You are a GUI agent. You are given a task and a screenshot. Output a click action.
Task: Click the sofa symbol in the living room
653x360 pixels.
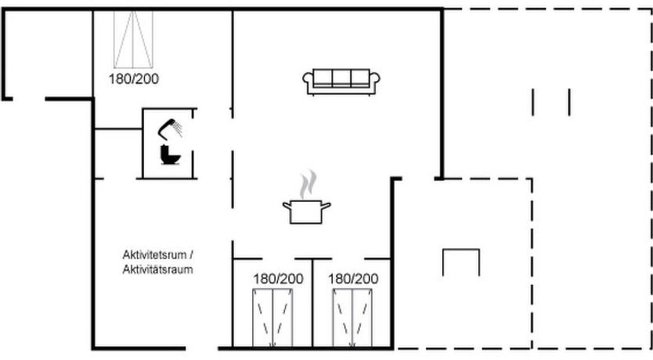(341, 81)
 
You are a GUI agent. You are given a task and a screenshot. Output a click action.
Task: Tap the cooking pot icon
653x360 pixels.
(306, 212)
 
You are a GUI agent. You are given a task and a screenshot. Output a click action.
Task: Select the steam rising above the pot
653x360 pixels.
(308, 184)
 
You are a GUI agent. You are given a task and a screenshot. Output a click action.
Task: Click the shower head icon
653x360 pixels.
(170, 128)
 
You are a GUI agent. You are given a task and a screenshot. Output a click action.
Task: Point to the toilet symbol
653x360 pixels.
(171, 154)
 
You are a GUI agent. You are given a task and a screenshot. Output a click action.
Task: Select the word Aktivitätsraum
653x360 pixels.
(158, 270)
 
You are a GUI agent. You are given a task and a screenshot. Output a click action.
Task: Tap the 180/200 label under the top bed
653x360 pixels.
(134, 79)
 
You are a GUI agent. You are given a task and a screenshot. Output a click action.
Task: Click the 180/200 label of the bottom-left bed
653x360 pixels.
(278, 279)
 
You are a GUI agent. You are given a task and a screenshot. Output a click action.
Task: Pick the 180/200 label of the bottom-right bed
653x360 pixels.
(353, 279)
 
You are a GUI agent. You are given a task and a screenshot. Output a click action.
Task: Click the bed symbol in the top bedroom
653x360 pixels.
(133, 39)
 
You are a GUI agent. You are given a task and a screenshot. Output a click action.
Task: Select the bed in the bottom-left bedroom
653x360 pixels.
(272, 318)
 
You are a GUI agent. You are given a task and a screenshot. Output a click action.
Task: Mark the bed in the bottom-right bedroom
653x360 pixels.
(352, 318)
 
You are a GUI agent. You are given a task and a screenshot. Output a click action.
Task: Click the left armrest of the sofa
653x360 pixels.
(308, 81)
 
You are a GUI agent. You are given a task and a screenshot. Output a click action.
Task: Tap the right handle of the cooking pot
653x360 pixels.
(326, 205)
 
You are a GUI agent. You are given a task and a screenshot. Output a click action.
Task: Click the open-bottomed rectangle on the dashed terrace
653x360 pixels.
(461, 250)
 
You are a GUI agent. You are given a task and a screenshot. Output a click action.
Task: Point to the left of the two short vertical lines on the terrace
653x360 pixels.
(532, 102)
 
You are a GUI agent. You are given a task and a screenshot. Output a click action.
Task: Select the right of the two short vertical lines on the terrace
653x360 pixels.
(569, 102)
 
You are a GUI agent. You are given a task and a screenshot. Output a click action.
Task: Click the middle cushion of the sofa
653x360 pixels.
(341, 77)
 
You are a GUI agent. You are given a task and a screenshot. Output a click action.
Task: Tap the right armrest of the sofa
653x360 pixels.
(375, 81)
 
